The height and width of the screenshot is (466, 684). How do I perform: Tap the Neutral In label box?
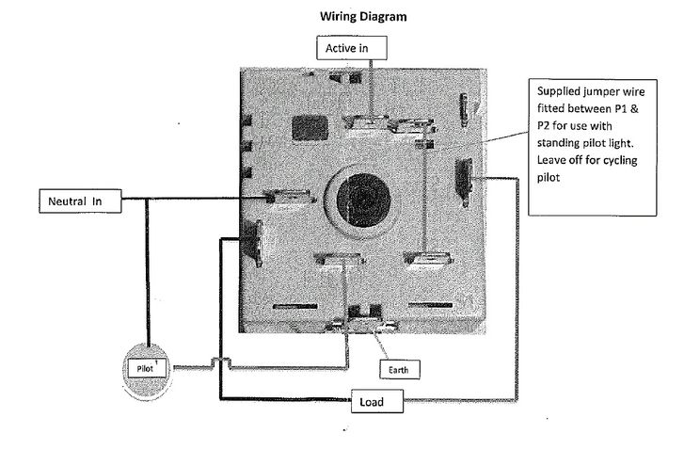pyautogui.click(x=80, y=201)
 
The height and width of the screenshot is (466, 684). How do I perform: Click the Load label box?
pyautogui.click(x=379, y=402)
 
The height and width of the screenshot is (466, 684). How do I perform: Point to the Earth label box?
pyautogui.click(x=400, y=369)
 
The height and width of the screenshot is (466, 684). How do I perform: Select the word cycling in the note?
pyautogui.click(x=617, y=160)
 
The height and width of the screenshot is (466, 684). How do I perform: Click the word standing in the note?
pyautogui.click(x=560, y=144)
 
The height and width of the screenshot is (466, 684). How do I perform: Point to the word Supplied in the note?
pyautogui.click(x=559, y=93)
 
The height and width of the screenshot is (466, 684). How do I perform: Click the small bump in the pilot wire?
pyautogui.click(x=215, y=362)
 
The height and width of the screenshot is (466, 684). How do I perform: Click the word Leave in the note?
pyautogui.click(x=552, y=160)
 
